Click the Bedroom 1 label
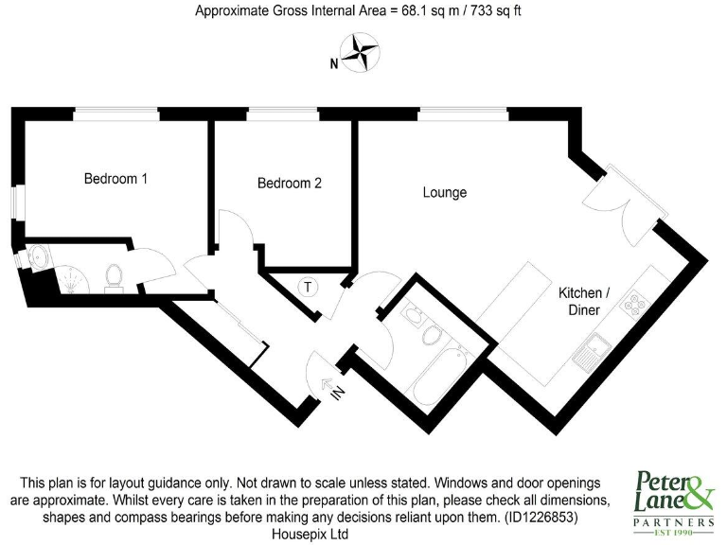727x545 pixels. click(115, 178)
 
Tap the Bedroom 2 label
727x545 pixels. click(290, 184)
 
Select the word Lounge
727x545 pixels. click(444, 193)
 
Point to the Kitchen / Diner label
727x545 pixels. click(589, 302)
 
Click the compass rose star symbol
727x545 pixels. click(358, 53)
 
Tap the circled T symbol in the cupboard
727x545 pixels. click(308, 287)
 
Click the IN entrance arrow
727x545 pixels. click(334, 389)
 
